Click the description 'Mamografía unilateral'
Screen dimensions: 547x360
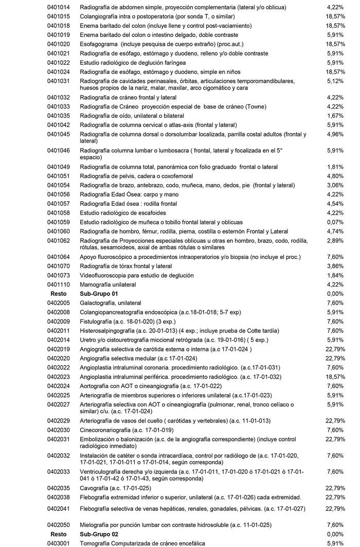tap(108, 285)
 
